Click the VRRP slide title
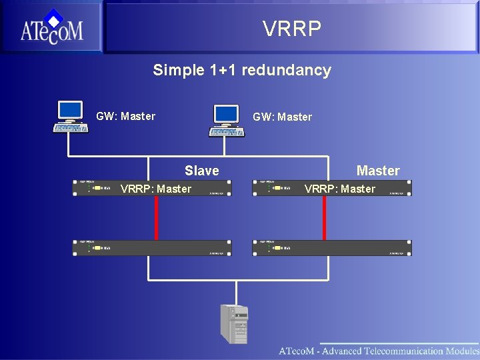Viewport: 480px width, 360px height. [x=291, y=29]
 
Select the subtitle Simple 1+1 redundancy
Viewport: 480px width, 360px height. [x=241, y=70]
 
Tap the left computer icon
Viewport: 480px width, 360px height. [x=71, y=117]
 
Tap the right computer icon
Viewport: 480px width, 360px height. [x=227, y=121]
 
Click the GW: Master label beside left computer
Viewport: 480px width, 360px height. [x=125, y=117]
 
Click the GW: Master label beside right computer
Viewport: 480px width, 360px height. [x=282, y=117]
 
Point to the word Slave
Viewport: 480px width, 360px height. [x=201, y=171]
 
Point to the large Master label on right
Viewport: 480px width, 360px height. [x=377, y=171]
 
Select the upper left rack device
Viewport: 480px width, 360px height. [x=93, y=188]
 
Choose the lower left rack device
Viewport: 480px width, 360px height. [x=152, y=248]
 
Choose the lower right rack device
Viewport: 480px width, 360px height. [x=331, y=248]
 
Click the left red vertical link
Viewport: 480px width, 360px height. [x=156, y=218]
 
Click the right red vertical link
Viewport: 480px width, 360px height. [x=324, y=218]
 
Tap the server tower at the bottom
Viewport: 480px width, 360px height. [x=234, y=324]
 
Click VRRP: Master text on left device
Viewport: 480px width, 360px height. [x=155, y=189]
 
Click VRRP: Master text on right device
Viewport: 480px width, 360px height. [x=339, y=189]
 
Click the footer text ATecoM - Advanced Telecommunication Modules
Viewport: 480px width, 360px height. [x=378, y=351]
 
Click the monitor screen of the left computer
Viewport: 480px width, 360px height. [x=71, y=109]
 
